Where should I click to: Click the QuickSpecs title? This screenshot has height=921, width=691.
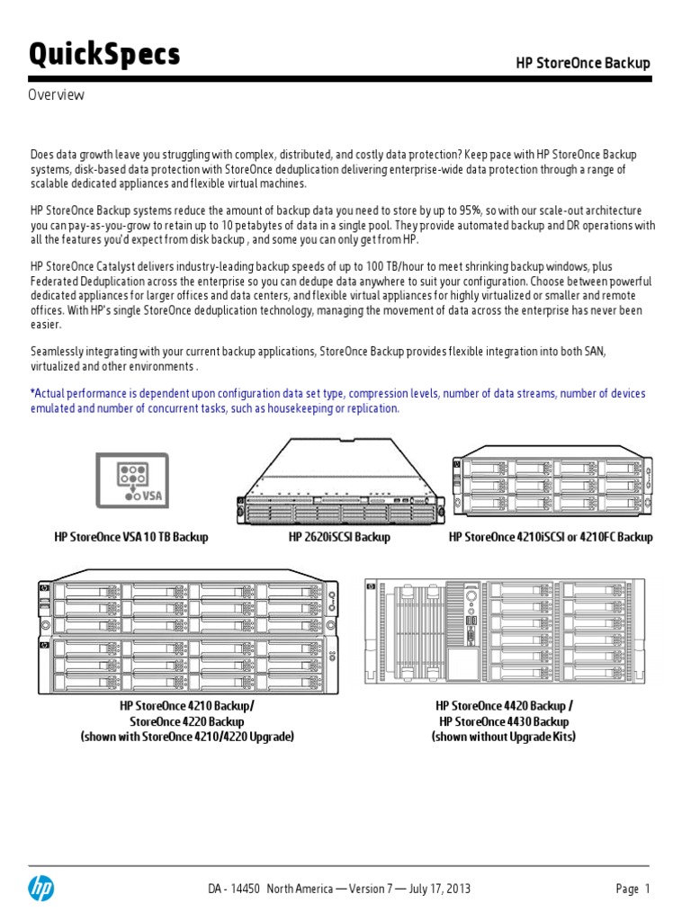click(104, 55)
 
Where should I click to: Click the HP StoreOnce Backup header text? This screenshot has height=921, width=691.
click(582, 63)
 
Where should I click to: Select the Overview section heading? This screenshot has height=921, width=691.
click(56, 95)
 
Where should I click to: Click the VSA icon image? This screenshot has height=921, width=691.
click(131, 479)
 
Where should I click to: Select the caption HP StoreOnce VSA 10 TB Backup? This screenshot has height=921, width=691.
click(131, 537)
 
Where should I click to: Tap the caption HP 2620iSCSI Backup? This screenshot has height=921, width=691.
click(339, 537)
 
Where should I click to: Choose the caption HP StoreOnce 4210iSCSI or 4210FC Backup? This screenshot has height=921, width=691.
click(551, 537)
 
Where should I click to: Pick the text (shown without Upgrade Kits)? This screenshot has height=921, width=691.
click(504, 737)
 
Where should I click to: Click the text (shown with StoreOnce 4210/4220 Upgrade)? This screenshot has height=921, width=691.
click(187, 737)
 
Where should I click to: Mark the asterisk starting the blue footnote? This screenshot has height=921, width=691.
click(32, 394)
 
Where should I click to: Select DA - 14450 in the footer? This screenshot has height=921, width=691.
click(234, 889)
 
